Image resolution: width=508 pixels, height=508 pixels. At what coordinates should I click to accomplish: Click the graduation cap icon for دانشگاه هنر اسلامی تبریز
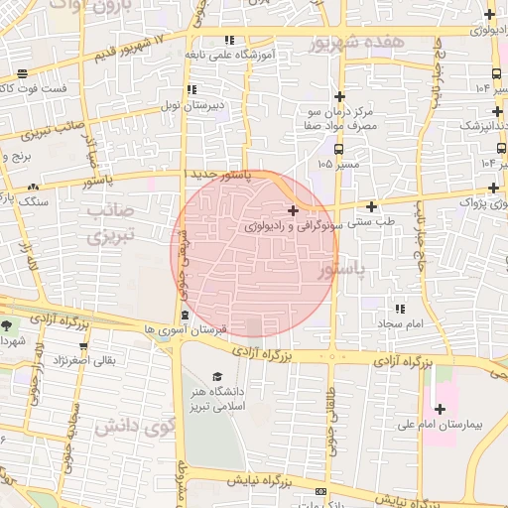pyautogui.click(x=216, y=377)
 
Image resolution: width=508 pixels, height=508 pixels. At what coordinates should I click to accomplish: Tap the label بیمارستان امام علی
pyautogui.click(x=466, y=424)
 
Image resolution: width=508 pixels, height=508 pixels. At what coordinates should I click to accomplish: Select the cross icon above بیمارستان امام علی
pyautogui.click(x=440, y=408)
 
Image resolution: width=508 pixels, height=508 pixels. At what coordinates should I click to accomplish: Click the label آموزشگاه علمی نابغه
pyautogui.click(x=230, y=56)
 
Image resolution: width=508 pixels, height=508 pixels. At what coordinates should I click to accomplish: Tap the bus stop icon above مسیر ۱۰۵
pyautogui.click(x=340, y=148)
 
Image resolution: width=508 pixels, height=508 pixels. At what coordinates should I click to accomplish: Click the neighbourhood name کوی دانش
pyautogui.click(x=125, y=428)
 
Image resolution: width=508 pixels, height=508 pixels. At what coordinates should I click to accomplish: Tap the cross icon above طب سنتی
pyautogui.click(x=372, y=207)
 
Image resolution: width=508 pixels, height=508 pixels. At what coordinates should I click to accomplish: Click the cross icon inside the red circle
pyautogui.click(x=293, y=210)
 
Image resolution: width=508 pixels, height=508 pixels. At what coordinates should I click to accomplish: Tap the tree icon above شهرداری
pyautogui.click(x=9, y=324)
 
